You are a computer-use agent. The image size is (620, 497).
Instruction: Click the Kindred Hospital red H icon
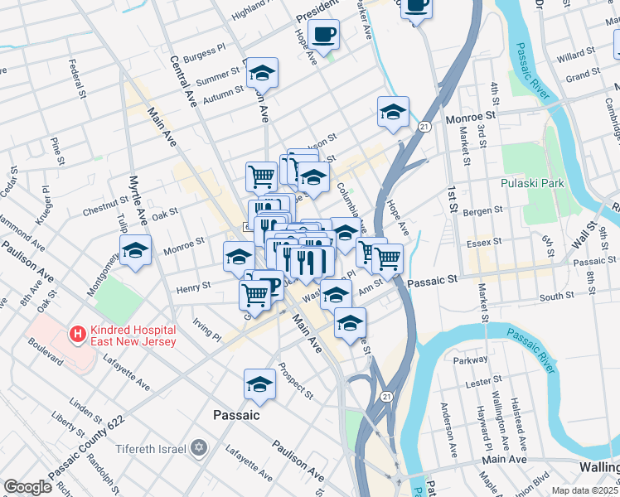tap(78, 335)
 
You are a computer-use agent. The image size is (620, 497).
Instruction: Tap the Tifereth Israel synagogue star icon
tap(197, 448)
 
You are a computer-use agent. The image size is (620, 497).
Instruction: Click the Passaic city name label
tap(236, 415)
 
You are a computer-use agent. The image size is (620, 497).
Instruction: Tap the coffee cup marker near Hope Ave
tap(324, 35)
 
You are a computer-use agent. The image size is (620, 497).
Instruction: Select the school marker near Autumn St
tap(262, 74)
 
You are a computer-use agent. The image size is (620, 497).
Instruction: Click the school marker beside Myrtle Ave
tap(135, 250)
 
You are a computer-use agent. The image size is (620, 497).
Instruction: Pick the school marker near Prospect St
tap(259, 384)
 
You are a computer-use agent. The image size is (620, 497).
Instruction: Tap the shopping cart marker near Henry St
tap(254, 293)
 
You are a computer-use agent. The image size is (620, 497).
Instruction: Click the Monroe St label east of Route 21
tap(470, 119)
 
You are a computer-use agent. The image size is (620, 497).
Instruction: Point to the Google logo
tap(27, 486)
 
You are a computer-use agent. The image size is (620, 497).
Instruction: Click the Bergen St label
tap(483, 213)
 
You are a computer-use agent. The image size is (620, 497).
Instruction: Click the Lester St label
tap(479, 384)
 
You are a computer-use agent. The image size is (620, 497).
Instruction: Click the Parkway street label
tap(471, 360)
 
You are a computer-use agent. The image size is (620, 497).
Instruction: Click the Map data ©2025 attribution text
tap(585, 490)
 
